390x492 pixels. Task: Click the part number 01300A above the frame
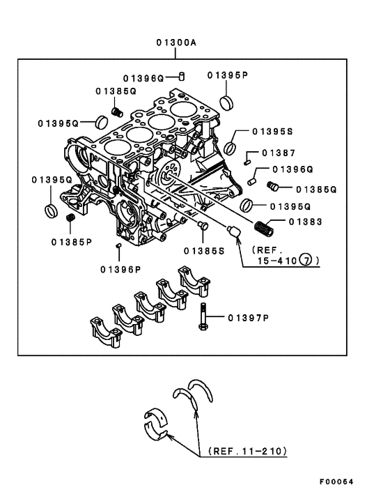(x=176, y=42)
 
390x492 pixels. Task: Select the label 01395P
(x=228, y=75)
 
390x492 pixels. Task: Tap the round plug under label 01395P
(x=226, y=103)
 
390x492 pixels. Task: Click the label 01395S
(x=272, y=131)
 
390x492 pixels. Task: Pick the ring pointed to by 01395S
(x=230, y=148)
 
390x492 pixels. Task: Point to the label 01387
(x=279, y=153)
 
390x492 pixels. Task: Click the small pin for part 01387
(x=247, y=162)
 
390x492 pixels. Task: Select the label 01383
(x=305, y=222)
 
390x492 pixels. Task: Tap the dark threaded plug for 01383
(x=264, y=228)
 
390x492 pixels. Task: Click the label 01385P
(x=72, y=242)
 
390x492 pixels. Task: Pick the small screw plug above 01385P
(x=70, y=217)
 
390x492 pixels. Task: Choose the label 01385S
(x=204, y=251)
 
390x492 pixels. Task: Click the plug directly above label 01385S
(x=203, y=225)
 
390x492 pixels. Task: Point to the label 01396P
(x=120, y=270)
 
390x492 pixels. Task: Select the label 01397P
(x=249, y=318)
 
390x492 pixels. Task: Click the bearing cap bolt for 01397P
(x=203, y=316)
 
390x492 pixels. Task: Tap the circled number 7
(x=306, y=260)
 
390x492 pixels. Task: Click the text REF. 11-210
(x=248, y=451)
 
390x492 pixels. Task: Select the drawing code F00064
(x=336, y=482)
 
